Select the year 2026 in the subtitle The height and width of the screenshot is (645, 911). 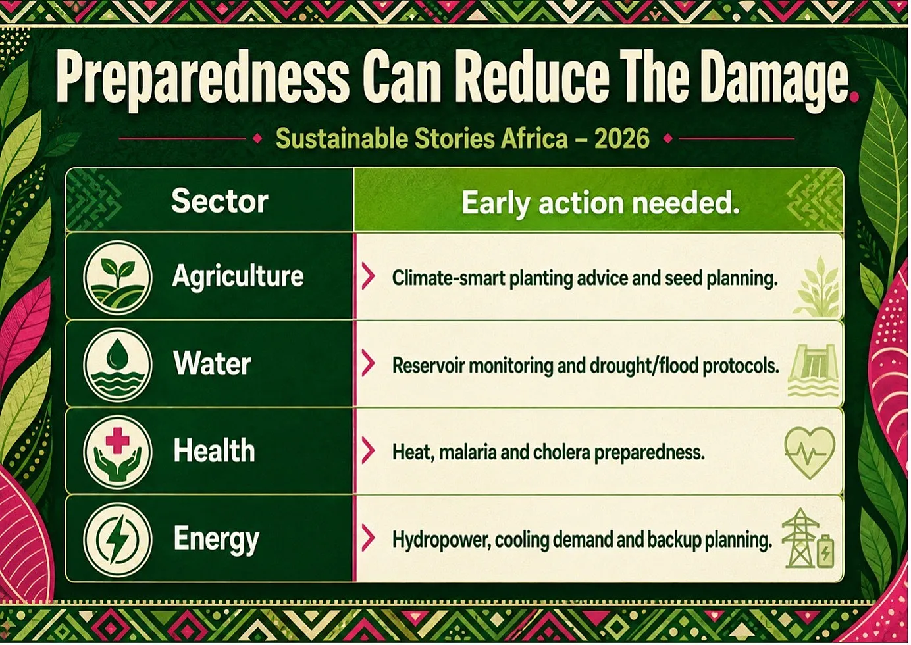click(x=621, y=139)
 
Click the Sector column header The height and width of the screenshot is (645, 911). click(x=220, y=201)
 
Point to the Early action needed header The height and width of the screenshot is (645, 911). click(x=600, y=202)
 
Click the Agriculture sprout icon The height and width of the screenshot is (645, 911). click(x=118, y=277)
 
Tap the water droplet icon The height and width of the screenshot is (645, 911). click(x=118, y=365)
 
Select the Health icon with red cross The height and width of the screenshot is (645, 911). click(x=118, y=452)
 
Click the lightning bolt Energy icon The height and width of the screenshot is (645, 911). click(x=118, y=540)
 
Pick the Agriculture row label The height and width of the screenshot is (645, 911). click(x=238, y=277)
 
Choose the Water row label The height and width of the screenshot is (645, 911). click(x=212, y=363)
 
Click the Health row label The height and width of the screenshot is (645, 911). click(x=215, y=451)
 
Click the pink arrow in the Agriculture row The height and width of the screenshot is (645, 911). click(x=368, y=276)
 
